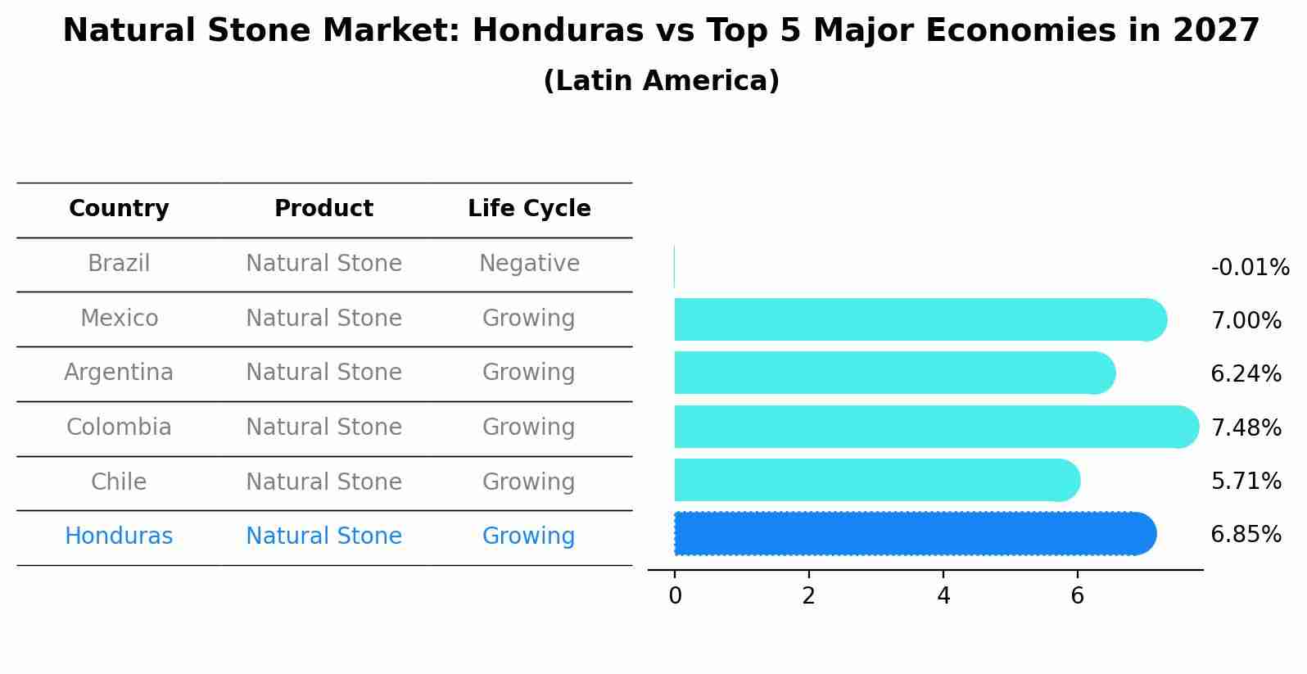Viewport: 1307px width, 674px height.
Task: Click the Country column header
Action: point(119,209)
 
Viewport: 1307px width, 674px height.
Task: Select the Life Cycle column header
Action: point(529,209)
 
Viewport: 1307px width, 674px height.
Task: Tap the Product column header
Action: point(323,209)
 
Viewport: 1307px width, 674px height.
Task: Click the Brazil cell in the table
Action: point(119,264)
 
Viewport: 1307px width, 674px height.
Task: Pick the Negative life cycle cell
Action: point(529,264)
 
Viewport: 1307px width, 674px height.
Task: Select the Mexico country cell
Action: point(119,318)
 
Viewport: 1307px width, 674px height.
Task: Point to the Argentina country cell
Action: point(119,373)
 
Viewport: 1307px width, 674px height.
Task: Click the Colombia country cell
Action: point(119,427)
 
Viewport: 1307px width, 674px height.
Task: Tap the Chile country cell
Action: point(119,482)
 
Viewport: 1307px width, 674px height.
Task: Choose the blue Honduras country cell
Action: point(119,536)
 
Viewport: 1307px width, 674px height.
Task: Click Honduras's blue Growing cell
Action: point(529,536)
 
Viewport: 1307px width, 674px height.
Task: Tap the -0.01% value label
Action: point(1250,268)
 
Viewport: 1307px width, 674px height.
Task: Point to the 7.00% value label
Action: point(1246,320)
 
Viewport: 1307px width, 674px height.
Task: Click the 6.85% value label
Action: point(1246,535)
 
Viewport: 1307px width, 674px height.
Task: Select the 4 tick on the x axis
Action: point(943,596)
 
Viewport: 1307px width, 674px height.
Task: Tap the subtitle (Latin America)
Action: point(661,81)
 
